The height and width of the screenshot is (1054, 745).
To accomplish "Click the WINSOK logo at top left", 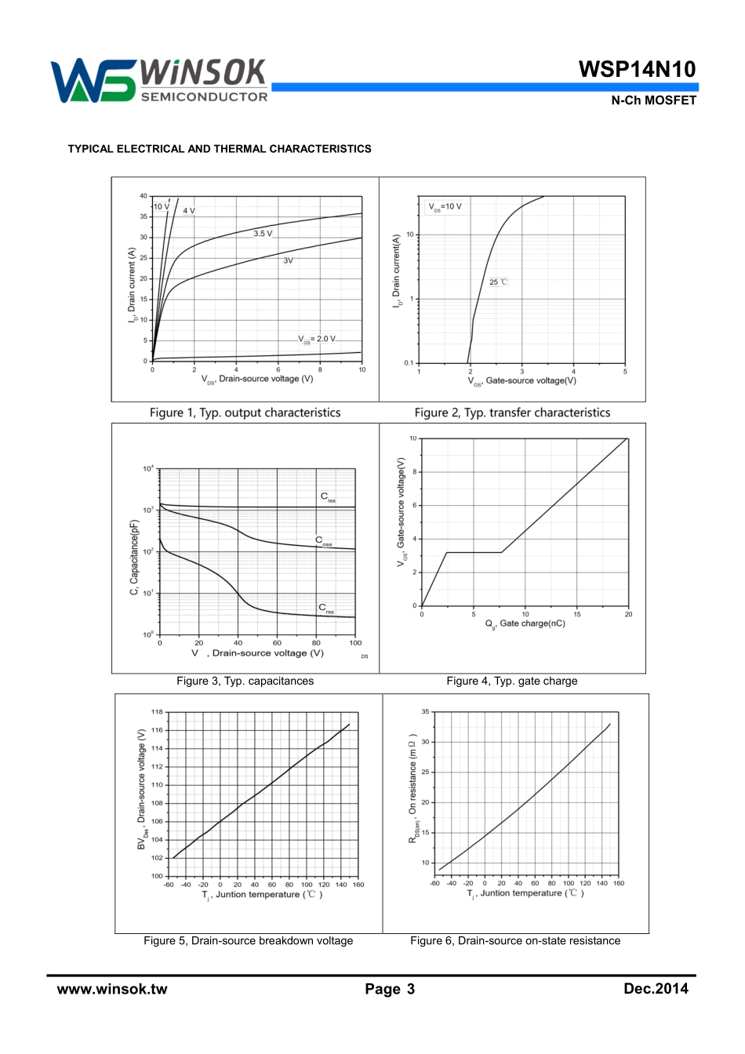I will click(159, 81).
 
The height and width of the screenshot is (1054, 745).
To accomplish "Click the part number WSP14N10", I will click(637, 69).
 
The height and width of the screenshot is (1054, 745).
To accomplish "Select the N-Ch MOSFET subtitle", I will click(653, 100).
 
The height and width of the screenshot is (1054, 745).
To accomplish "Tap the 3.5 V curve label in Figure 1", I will click(263, 234).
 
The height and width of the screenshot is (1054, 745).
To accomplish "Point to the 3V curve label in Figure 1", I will click(288, 260).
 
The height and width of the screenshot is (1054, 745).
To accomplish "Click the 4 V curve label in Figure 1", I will click(189, 211).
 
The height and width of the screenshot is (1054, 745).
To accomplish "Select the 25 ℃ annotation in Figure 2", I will click(499, 282).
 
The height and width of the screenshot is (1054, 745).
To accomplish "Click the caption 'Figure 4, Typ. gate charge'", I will click(511, 681).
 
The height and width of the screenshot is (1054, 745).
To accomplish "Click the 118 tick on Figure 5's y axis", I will click(157, 712).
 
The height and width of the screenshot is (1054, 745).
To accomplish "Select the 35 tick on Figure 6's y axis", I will click(425, 712).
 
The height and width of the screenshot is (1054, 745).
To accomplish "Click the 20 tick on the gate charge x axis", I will click(628, 614).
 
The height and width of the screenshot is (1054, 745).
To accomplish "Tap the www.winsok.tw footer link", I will click(112, 989).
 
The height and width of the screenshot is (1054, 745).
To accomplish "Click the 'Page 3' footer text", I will click(390, 989).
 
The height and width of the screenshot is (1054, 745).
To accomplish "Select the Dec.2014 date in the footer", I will click(656, 988).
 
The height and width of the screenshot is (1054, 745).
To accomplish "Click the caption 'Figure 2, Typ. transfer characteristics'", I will click(512, 413).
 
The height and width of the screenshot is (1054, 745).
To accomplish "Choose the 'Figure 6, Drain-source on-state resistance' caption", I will click(515, 940).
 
